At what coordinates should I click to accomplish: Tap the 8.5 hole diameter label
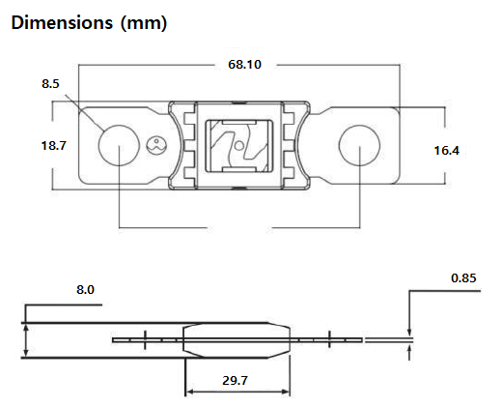coord(51,85)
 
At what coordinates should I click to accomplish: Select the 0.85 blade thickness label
coord(464,277)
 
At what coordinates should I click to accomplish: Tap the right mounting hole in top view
coord(358,147)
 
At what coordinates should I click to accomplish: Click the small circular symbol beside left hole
coord(154,147)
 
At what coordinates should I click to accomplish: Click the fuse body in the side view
coord(237,339)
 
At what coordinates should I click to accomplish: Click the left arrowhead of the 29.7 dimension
coord(188,392)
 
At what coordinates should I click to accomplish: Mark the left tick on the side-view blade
coord(145,339)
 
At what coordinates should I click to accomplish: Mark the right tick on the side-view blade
coord(329,339)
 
